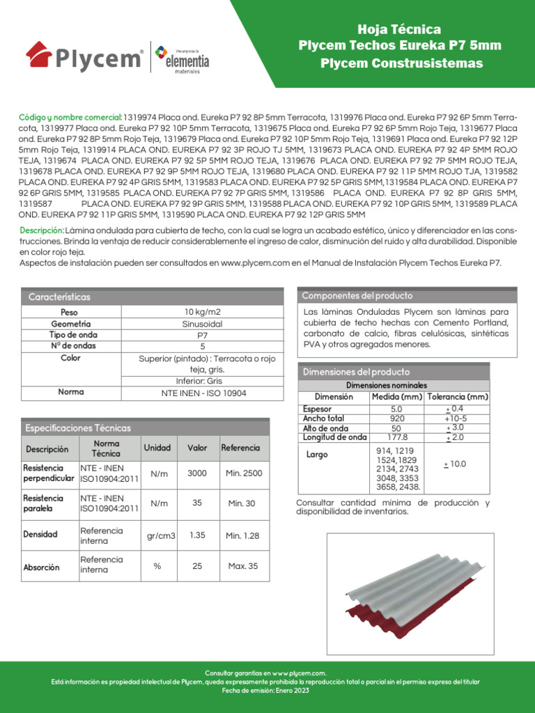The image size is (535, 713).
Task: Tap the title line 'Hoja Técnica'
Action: tap(399, 29)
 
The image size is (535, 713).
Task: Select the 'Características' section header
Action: tap(59, 297)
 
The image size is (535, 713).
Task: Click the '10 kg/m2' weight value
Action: tap(203, 311)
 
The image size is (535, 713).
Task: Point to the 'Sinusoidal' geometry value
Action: tap(203, 324)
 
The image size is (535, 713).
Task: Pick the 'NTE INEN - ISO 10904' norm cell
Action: tap(203, 393)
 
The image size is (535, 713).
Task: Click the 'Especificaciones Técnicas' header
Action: tap(78, 428)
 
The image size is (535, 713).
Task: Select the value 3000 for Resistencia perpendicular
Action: tap(197, 473)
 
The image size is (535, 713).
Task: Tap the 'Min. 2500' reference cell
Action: tap(244, 473)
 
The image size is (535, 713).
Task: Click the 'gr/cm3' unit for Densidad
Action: tap(161, 536)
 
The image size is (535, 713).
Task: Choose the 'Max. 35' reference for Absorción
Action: tap(243, 566)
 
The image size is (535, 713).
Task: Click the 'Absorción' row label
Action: tap(41, 567)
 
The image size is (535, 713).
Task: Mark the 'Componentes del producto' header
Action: tap(357, 296)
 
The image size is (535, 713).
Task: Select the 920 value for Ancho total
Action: tap(396, 418)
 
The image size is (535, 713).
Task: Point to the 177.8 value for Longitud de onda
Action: tap(396, 437)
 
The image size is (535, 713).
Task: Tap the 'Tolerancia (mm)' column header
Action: tap(458, 397)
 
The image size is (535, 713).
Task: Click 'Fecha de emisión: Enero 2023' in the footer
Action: tap(267, 690)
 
